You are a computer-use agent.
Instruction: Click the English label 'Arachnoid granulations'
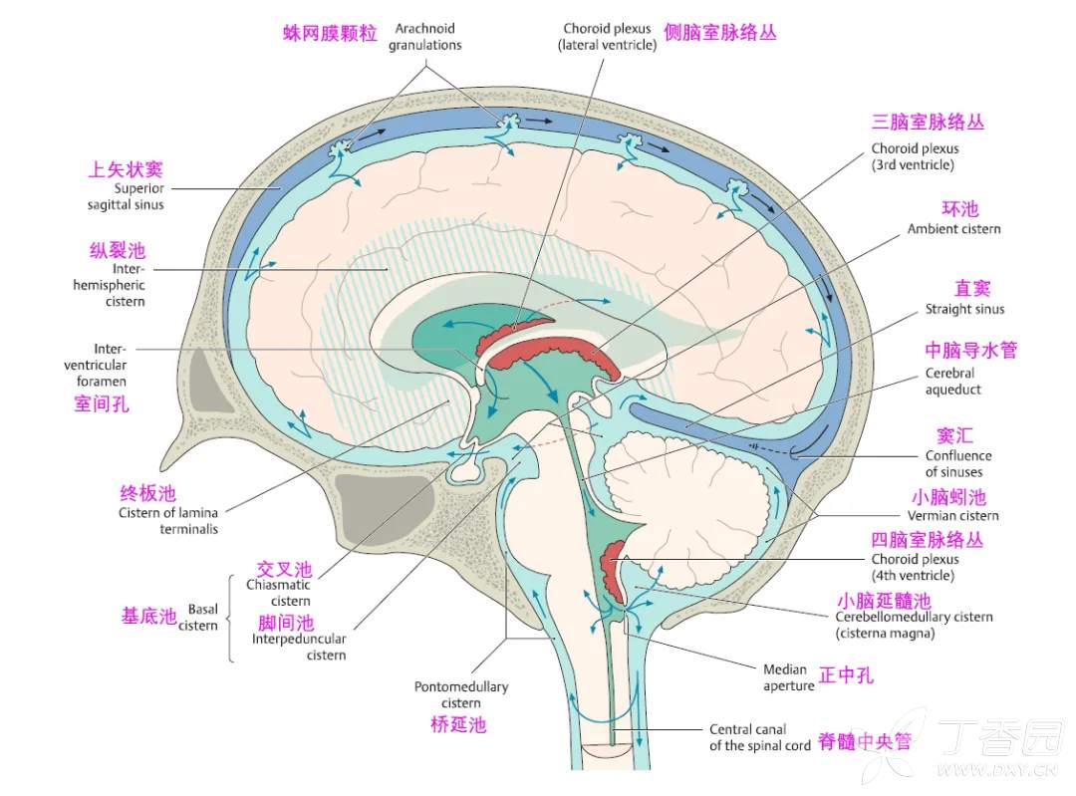point(425,36)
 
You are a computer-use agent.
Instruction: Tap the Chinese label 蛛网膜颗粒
point(330,33)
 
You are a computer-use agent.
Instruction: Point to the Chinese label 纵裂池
point(118,251)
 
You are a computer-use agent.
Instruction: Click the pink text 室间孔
point(102,404)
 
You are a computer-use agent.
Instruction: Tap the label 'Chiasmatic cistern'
point(279,593)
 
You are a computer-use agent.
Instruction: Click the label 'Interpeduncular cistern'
point(299,647)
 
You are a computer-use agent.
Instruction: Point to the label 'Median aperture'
point(788,677)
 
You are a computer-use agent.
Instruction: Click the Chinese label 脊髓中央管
point(864,742)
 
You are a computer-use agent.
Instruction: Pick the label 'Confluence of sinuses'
point(957,464)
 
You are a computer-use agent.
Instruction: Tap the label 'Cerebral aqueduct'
point(952,382)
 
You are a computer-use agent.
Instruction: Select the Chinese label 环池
point(960,209)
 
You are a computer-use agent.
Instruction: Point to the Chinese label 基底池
point(148,616)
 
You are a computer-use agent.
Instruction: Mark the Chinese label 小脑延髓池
point(884,601)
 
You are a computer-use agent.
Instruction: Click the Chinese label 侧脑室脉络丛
point(733,33)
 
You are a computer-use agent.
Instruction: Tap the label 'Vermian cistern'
point(952,516)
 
